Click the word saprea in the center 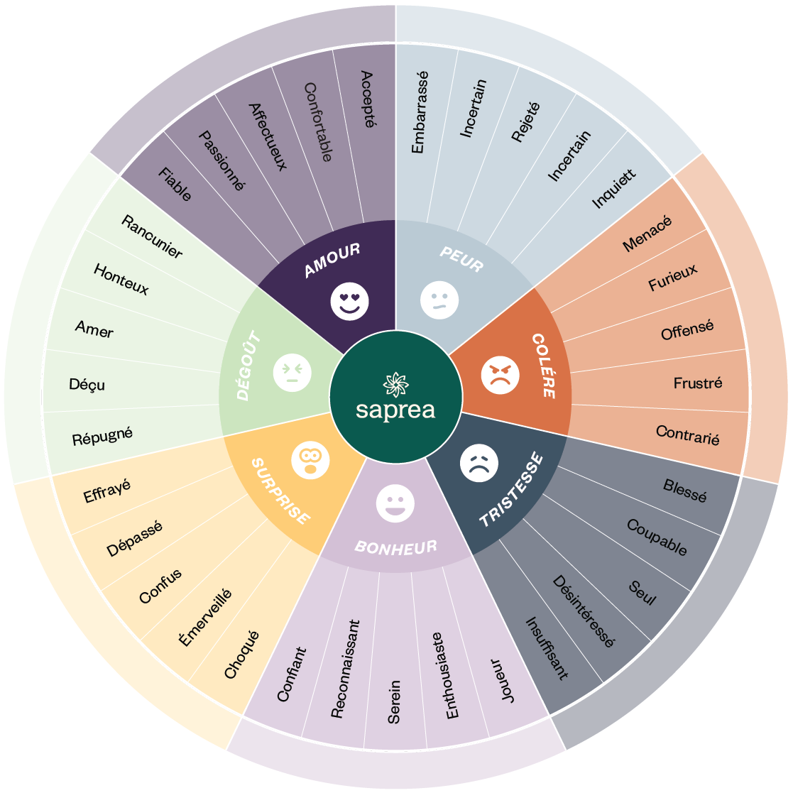(395, 410)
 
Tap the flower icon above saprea (395, 384)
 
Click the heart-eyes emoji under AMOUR (349, 302)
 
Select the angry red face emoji (501, 375)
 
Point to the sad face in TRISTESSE (479, 464)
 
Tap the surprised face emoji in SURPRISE (310, 460)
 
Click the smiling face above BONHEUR (395, 503)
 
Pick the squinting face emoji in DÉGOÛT (292, 373)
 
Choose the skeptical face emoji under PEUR (439, 300)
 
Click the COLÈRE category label (545, 365)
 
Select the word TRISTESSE (511, 490)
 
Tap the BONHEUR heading (396, 547)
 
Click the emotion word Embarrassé (420, 112)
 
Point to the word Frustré (698, 383)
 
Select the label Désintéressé (584, 611)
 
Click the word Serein (394, 701)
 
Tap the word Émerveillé (205, 617)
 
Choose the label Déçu (87, 384)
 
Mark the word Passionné (222, 160)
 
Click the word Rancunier (152, 236)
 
